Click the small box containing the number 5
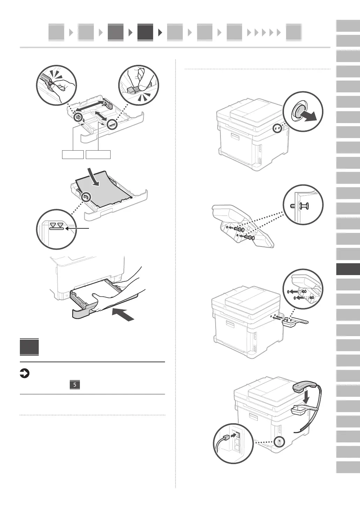click(75, 385)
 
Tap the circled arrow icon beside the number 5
click(24, 374)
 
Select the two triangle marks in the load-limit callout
click(57, 225)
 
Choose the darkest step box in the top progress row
click(145, 32)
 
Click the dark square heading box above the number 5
click(29, 347)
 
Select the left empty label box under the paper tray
click(73, 154)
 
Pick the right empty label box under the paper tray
click(98, 154)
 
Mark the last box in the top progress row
click(293, 32)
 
